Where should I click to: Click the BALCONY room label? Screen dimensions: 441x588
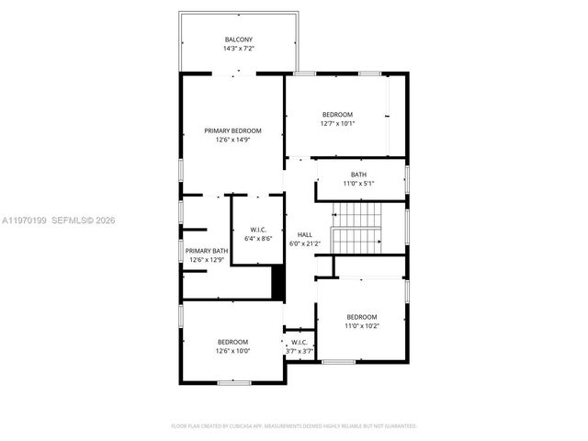click(x=239, y=40)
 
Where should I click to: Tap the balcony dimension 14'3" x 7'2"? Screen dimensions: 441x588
click(x=239, y=49)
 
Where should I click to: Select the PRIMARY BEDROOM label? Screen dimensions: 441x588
click(x=232, y=130)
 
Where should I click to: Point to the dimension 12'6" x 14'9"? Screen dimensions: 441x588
click(x=232, y=140)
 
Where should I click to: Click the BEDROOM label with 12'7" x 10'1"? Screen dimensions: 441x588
click(x=337, y=114)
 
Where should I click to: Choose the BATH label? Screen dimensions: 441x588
click(x=358, y=175)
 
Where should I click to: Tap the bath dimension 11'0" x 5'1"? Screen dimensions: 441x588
click(x=358, y=184)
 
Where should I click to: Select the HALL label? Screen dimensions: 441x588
click(x=304, y=234)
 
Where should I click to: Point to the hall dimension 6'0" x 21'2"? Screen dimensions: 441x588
click(x=304, y=243)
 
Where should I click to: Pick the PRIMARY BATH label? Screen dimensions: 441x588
click(x=207, y=251)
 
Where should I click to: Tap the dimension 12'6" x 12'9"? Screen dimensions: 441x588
click(x=207, y=260)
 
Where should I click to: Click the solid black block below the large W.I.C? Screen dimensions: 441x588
click(x=277, y=281)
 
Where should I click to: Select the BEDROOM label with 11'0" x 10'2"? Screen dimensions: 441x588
click(x=361, y=316)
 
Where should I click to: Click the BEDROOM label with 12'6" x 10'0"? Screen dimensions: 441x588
click(x=232, y=342)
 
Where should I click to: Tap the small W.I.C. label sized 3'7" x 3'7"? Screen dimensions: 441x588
click(x=300, y=342)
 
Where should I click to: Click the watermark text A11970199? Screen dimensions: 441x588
click(x=25, y=220)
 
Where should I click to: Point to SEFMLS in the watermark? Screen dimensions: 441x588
click(x=70, y=220)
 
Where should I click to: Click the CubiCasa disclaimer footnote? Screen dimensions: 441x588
click(x=294, y=425)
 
